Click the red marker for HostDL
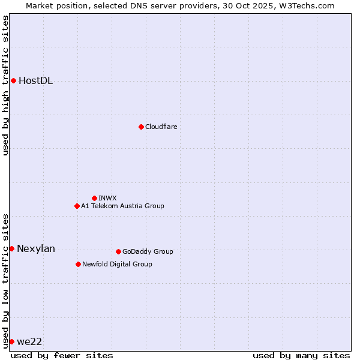click(13, 80)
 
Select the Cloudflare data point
click(141, 127)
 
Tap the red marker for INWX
click(94, 198)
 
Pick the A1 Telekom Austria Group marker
click(77, 206)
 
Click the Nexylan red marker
click(11, 248)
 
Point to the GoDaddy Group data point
click(118, 251)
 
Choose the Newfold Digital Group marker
click(78, 264)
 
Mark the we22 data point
click(11, 341)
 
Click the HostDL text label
click(36, 81)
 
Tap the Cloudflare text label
click(161, 127)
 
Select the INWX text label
click(108, 198)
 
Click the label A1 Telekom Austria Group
click(122, 206)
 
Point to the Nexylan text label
click(36, 249)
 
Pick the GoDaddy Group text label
click(148, 251)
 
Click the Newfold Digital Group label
click(117, 264)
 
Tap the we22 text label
click(29, 341)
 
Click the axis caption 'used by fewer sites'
click(62, 355)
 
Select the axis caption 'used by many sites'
click(301, 355)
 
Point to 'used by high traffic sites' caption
click(5, 85)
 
